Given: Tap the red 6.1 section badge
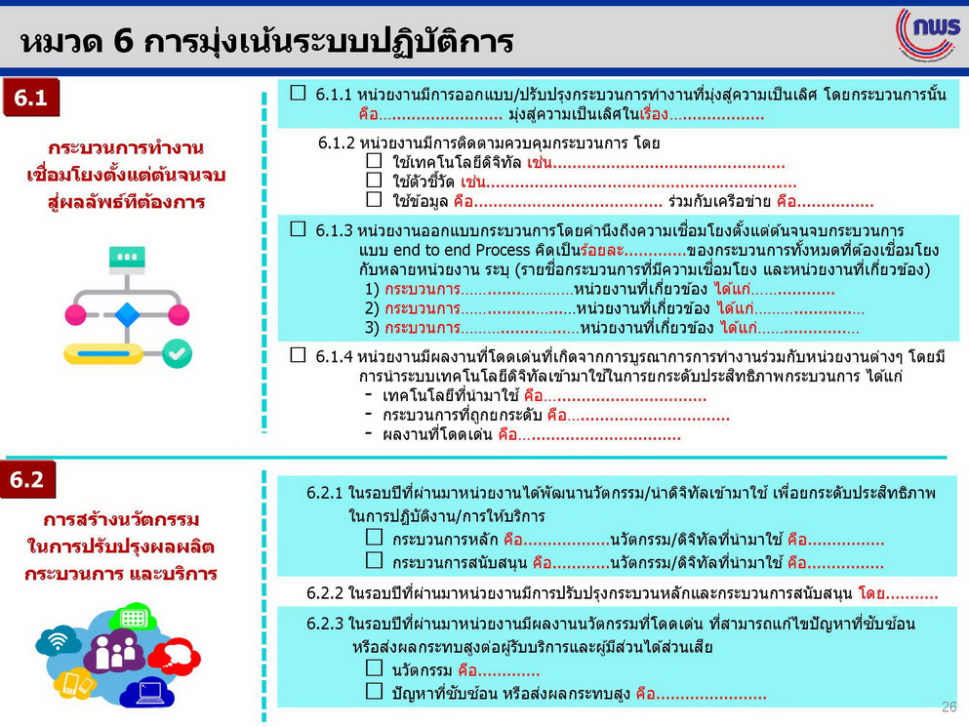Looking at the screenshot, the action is coord(31,98).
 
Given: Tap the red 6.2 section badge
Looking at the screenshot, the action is coord(28,480).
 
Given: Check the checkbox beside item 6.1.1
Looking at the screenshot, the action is coord(298,93).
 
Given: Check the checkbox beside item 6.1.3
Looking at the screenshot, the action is coord(298,228).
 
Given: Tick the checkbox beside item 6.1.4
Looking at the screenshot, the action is coord(298,355).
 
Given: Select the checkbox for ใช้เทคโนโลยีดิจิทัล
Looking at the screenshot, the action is coord(374,161).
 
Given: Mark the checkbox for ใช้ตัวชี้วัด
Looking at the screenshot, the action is coord(374,180).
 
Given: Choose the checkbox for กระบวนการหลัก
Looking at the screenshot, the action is coord(374,537).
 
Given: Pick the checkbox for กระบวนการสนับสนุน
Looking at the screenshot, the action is coord(374,560).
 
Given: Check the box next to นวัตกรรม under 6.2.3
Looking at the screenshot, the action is coord(374,667).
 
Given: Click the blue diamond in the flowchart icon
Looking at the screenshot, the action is coord(127,314).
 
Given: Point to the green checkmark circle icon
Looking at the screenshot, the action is coord(178,353).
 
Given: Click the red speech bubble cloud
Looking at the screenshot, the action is coord(175,656).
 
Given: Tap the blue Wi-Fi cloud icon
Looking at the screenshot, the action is coord(59,641).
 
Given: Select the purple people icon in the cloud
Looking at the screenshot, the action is coord(115,651).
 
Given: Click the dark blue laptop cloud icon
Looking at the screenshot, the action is coord(147,693).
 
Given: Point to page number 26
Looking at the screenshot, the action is coord(949,707).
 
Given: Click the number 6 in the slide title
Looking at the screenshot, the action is coord(123,41).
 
